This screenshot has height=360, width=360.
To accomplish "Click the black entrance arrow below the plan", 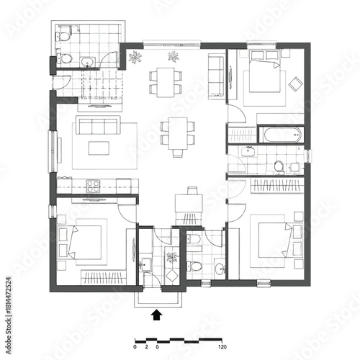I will pyautogui.click(x=157, y=314).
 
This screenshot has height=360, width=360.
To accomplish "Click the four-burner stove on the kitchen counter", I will pyautogui.click(x=93, y=184).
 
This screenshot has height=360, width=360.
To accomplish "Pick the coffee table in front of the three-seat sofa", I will pyautogui.click(x=99, y=148).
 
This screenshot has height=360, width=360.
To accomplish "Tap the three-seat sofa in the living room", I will pyautogui.click(x=98, y=127).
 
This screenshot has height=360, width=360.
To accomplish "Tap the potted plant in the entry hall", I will pyautogui.click(x=171, y=257).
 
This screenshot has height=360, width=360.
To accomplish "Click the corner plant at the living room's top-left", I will pyautogui.click(x=135, y=56).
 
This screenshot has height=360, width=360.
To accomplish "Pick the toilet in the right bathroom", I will pyautogui.click(x=278, y=166).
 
